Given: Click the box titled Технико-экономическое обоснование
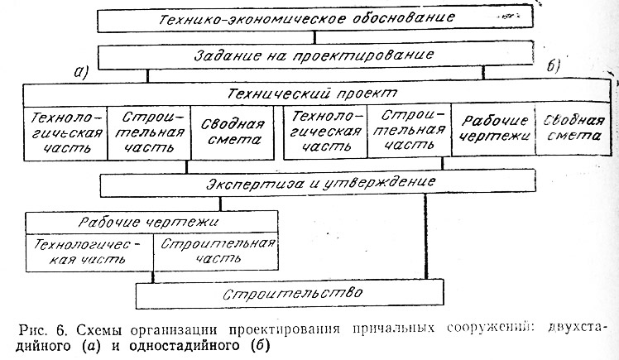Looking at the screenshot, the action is pos(315,20).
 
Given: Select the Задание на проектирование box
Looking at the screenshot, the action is pos(315,56).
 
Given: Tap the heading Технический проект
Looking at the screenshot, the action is pos(312,94).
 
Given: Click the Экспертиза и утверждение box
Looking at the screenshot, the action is pos(318,183).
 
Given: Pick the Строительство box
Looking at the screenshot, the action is pos(290,293).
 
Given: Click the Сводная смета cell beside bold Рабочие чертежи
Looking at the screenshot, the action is pos(573,128).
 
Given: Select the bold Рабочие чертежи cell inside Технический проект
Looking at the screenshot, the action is pos(494,128).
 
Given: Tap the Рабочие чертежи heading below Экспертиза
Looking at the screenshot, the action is pos(152,222).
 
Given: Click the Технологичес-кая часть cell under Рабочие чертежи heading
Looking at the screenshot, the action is pos(89,252).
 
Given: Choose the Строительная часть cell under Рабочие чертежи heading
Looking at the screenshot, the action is pos(216,252).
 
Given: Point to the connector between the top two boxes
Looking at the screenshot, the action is pos(314,38).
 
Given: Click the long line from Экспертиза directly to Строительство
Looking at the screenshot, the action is pos(425,238).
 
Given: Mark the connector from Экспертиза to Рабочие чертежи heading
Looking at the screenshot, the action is pos(220,204).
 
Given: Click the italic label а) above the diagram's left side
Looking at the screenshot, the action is pos(81,72).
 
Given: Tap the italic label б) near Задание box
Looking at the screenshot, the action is pos(554,66).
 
